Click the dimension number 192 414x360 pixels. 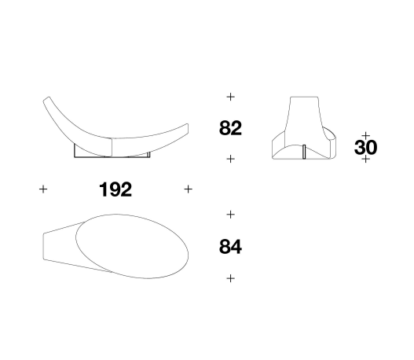pyautogui.click(x=115, y=189)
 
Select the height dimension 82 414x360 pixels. pyautogui.click(x=230, y=128)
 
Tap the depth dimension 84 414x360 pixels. pyautogui.click(x=230, y=247)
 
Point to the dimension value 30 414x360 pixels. pyautogui.click(x=365, y=148)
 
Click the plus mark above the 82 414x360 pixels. pyautogui.click(x=230, y=97)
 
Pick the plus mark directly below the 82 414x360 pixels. pyautogui.click(x=230, y=159)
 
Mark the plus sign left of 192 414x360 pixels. pyautogui.click(x=43, y=189)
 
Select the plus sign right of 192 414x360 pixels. pyautogui.click(x=188, y=189)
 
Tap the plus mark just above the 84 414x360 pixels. pyautogui.click(x=230, y=215)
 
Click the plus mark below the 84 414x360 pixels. pyautogui.click(x=230, y=278)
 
